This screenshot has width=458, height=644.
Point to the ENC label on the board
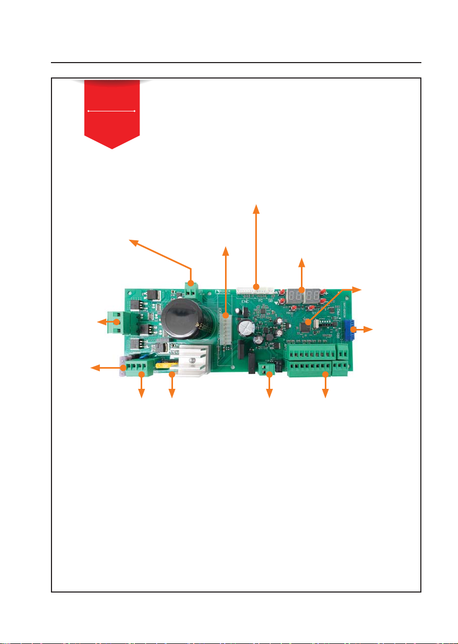point(246,301)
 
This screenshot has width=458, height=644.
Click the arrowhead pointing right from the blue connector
point(369,329)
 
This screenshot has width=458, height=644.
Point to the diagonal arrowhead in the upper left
point(133,242)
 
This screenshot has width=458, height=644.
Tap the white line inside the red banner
point(111,111)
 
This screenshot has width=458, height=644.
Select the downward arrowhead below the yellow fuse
point(171,394)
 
